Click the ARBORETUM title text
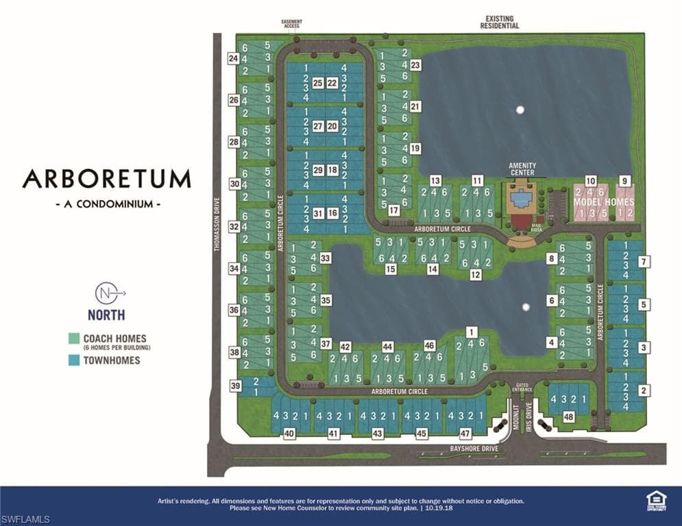(x=106, y=179)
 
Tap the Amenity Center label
(x=522, y=169)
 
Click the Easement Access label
(x=291, y=25)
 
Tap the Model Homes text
(x=604, y=203)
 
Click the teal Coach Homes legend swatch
(x=74, y=338)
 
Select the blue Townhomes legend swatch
(x=74, y=360)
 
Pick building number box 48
(x=568, y=416)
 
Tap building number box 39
(x=235, y=386)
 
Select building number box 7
(x=643, y=261)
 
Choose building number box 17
(x=393, y=211)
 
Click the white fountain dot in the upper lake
(x=520, y=109)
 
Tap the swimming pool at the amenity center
(x=523, y=199)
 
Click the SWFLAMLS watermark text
(x=25, y=520)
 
